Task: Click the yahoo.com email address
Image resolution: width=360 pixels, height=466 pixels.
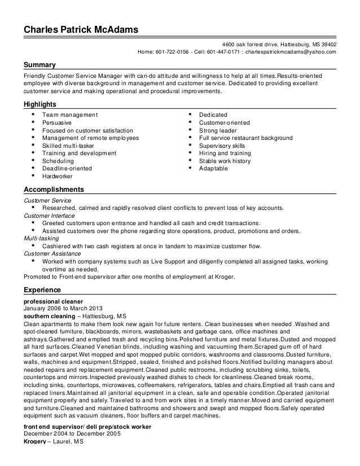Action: click(292, 52)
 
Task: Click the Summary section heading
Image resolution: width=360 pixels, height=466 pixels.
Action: click(39, 65)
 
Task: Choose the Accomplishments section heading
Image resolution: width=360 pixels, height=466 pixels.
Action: click(53, 190)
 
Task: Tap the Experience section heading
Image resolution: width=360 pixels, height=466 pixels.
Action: click(42, 290)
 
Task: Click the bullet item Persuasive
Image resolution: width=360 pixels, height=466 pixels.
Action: click(58, 122)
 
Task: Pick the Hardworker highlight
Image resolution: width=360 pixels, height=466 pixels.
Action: click(59, 176)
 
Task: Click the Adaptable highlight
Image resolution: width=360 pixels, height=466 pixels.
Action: click(214, 168)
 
